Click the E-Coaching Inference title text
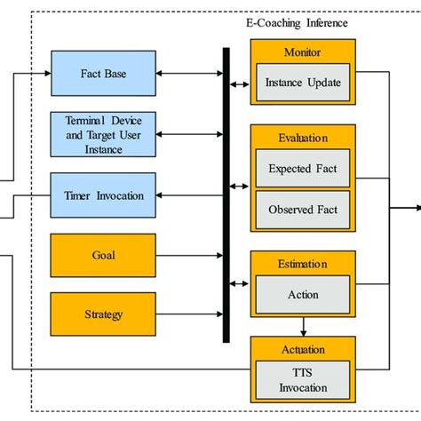coord(296,22)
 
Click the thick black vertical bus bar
coord(226,195)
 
